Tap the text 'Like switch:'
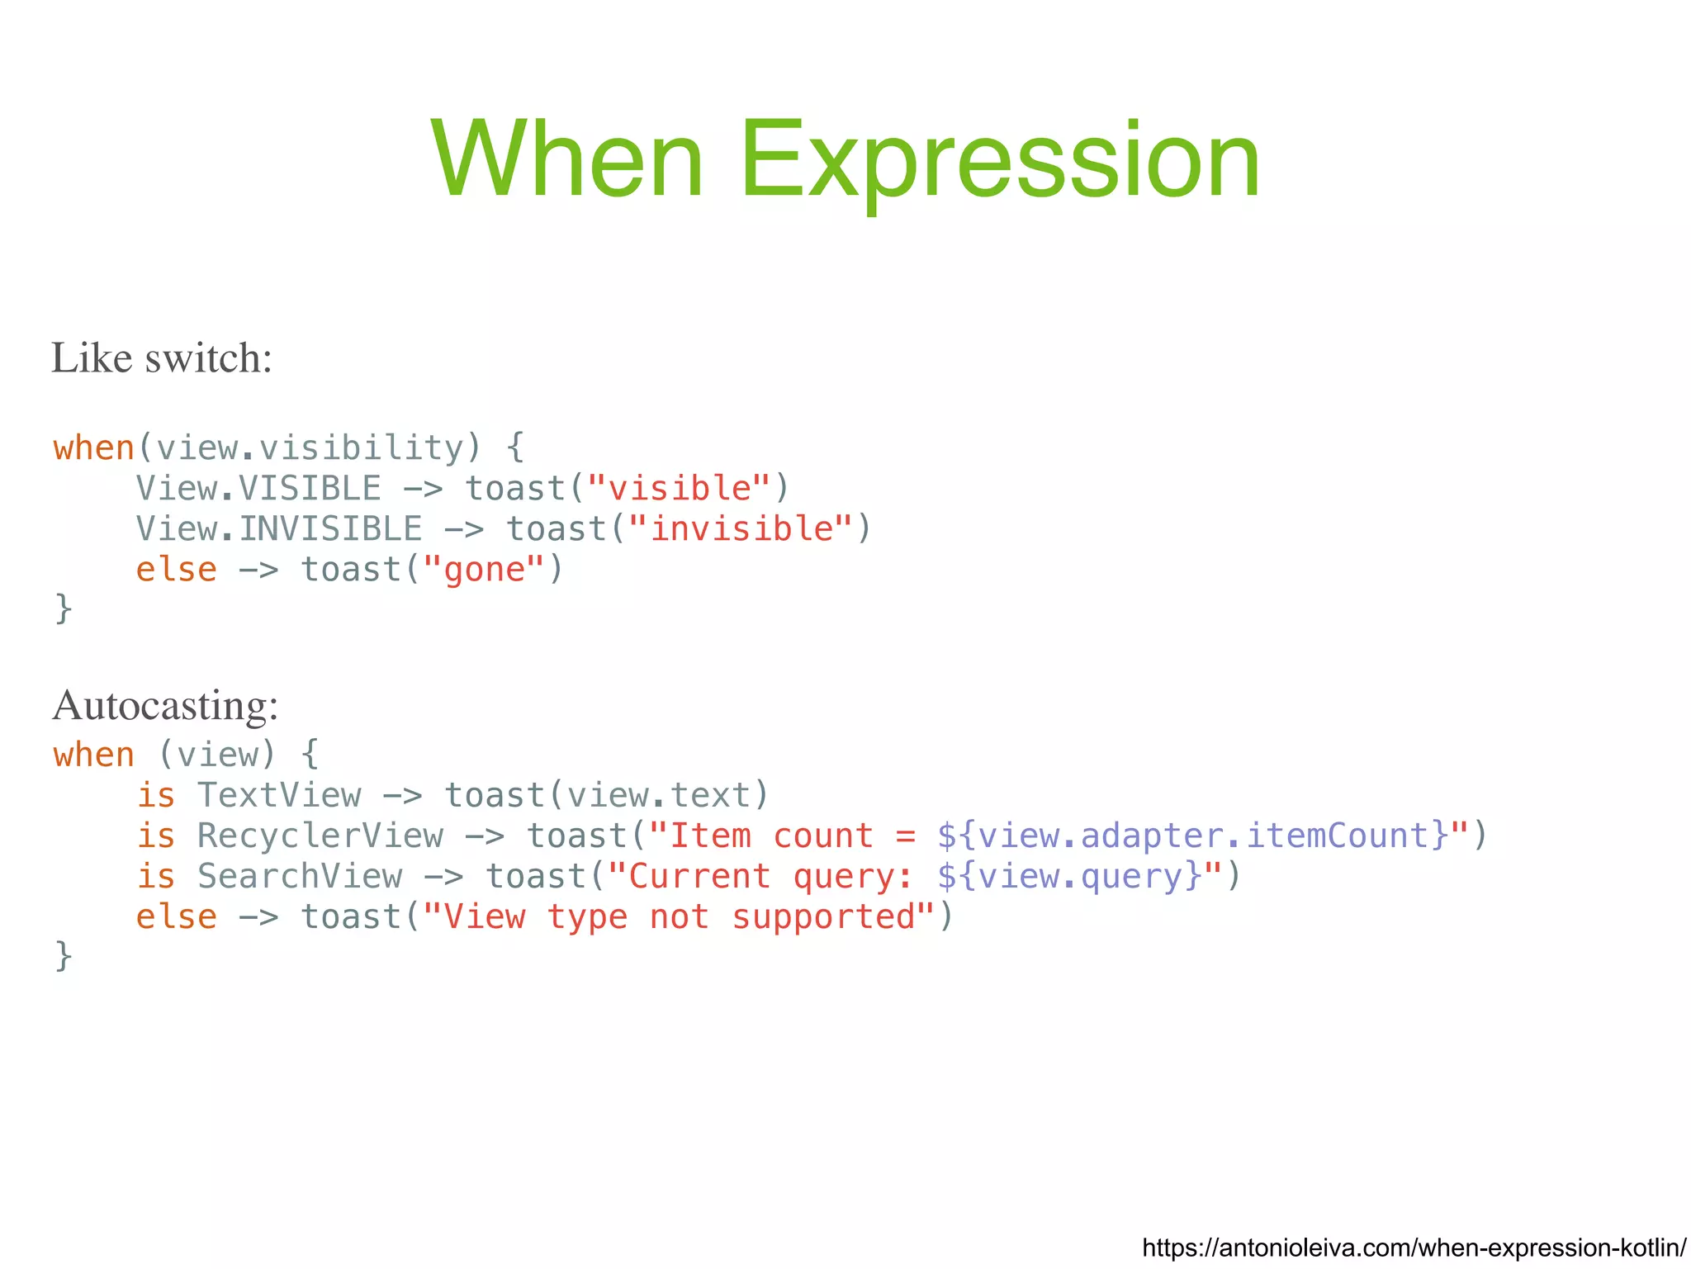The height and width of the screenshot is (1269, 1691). coord(162,358)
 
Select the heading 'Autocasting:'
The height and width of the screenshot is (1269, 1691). coord(165,706)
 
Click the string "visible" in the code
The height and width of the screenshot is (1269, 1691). coord(680,489)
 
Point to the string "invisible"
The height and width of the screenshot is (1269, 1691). coord(741,529)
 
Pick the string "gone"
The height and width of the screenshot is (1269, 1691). coord(484,570)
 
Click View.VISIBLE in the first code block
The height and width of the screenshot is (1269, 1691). coord(258,489)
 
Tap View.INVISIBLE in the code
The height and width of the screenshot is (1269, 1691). coord(279,529)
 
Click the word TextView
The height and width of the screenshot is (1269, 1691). coord(279,795)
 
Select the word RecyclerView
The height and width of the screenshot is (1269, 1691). coord(320,836)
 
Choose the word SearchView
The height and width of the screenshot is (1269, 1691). coord(300,876)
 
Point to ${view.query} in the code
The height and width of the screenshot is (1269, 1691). coord(1070,876)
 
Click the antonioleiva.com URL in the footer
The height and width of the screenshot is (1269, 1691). coord(1414,1247)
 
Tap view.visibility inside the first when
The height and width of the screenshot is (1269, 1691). coord(310,448)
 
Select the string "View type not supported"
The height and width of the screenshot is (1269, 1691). coord(679,916)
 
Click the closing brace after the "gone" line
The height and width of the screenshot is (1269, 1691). coord(64,609)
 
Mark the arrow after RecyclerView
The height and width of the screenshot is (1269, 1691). coord(485,836)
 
